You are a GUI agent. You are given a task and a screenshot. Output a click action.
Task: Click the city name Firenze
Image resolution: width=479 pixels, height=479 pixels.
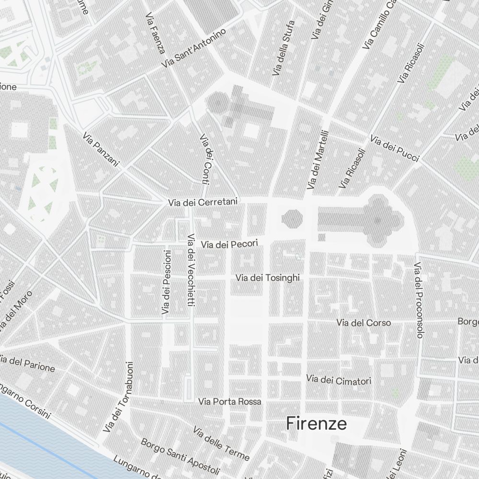point(317,423)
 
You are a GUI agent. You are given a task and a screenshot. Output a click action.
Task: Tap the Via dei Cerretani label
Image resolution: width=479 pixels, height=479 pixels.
point(203,203)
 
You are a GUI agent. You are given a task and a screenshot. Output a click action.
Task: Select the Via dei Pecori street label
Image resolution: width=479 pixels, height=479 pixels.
point(229,245)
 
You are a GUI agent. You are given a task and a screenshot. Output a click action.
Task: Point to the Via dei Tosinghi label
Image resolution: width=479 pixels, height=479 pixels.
point(268,278)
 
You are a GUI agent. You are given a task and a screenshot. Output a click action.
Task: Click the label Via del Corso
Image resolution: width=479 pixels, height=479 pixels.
point(364,323)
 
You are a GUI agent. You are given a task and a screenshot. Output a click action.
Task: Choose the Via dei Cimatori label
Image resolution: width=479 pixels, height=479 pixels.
point(339,380)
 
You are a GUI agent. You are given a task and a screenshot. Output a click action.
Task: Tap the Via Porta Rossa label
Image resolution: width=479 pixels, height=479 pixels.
point(230,401)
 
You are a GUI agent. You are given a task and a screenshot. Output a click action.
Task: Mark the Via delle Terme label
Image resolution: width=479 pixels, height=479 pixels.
point(221,443)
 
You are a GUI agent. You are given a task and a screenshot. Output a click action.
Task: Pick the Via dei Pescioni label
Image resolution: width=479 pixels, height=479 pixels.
point(166,283)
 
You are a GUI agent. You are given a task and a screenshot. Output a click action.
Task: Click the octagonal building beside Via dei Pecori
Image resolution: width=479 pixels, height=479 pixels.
point(292,219)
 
